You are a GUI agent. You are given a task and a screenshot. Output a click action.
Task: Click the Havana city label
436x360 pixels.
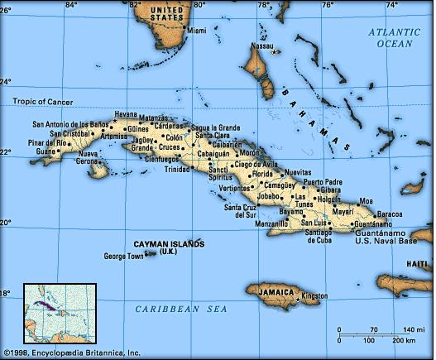[x=126, y=113]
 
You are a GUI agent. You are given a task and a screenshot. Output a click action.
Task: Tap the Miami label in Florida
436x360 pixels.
[x=197, y=31]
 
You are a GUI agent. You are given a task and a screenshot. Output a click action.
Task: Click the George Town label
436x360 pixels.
[x=123, y=257]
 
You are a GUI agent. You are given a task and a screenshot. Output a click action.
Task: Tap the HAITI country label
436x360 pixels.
[x=416, y=263]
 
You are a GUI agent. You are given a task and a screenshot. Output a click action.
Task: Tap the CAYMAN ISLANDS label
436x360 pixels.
[x=169, y=243]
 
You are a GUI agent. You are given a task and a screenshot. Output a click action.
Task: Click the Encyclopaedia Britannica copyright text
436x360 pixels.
[x=71, y=353]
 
